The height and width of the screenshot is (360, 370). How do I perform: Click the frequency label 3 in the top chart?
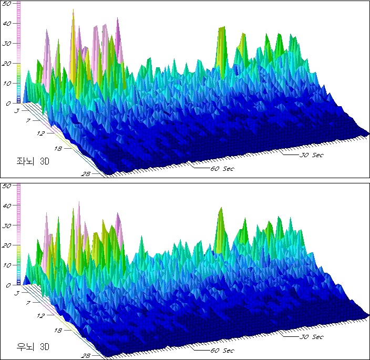tap(17, 111)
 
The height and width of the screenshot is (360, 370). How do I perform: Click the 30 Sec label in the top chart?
tap(311, 155)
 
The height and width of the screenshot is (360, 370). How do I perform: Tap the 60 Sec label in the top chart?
tap(222, 169)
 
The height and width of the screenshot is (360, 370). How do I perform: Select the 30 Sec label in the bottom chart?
tap(311, 337)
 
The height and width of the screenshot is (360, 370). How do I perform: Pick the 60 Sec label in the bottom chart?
tap(222, 351)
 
